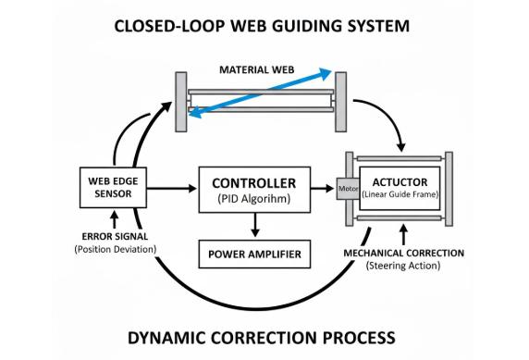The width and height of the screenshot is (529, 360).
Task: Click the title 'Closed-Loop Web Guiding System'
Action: pyautogui.click(x=263, y=26)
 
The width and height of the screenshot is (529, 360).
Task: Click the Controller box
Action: pyautogui.click(x=253, y=189)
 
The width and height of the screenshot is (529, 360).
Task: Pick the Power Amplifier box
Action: pyautogui.click(x=254, y=251)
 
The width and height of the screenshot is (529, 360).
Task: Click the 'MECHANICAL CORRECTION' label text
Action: pyautogui.click(x=403, y=253)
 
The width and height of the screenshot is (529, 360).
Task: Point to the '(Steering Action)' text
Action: pyautogui.click(x=403, y=266)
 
